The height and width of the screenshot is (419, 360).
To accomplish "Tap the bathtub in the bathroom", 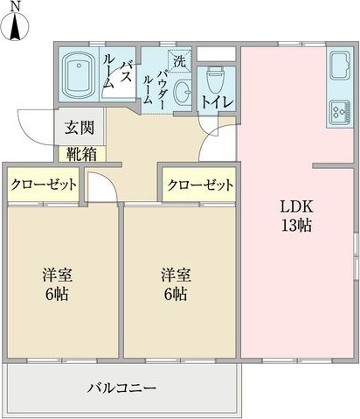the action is coord(79,75).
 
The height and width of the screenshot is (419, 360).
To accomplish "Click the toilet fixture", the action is coord(215,80).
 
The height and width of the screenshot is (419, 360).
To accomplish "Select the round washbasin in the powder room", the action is coord(182,92).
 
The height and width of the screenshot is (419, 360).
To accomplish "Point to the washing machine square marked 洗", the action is coord(179,61).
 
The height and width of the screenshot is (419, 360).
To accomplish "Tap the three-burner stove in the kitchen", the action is coord(339,112).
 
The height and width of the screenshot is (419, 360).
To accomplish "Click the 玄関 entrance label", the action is coord(80,128).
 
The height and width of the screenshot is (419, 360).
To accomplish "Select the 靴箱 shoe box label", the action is coord(82,154).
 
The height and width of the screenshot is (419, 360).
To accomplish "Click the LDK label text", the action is coord(296,207).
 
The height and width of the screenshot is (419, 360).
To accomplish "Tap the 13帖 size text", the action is coord(296,225).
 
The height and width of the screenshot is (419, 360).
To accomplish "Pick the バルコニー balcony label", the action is coord(121,388).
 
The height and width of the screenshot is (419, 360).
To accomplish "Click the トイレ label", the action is coord(218,101).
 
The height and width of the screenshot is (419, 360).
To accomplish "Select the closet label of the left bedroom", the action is coord(44,185).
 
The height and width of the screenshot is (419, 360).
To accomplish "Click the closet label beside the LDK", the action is coord(200,185).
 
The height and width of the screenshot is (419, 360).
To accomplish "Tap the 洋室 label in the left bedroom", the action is coord(58,275).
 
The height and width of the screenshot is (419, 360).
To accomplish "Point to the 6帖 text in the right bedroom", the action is coord(175,295).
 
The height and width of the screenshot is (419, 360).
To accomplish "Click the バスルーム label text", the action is coord(117,74).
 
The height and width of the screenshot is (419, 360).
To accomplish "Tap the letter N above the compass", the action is coord(15,7).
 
